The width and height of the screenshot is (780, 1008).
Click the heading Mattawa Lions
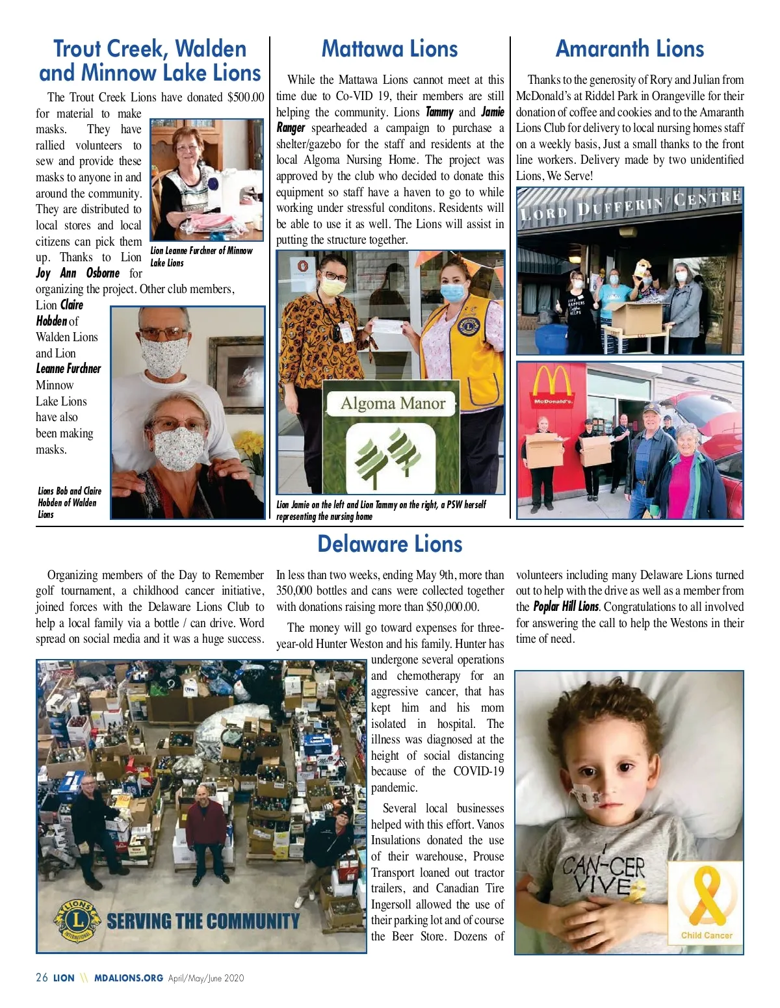click(x=389, y=49)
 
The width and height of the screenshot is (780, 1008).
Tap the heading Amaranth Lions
click(x=629, y=49)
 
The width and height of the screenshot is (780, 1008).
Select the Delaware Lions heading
click(x=389, y=544)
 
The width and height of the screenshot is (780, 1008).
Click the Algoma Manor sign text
click(x=393, y=404)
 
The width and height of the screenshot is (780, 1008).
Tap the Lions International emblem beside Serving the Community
click(x=77, y=921)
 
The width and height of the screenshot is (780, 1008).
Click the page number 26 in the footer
click(x=42, y=977)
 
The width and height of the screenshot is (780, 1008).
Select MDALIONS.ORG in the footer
click(x=128, y=977)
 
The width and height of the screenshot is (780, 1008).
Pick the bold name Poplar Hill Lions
click(x=565, y=606)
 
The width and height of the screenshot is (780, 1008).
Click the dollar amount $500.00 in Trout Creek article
click(x=246, y=97)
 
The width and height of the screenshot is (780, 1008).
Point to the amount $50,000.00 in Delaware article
click(x=452, y=607)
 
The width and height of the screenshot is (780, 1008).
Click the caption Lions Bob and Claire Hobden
click(x=69, y=502)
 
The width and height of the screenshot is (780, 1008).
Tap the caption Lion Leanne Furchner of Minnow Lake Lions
click(x=201, y=257)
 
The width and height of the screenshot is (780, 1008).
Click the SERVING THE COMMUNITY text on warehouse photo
click(x=203, y=921)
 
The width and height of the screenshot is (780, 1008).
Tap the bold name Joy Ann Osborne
click(x=78, y=273)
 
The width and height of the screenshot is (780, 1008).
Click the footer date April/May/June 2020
click(x=205, y=977)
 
